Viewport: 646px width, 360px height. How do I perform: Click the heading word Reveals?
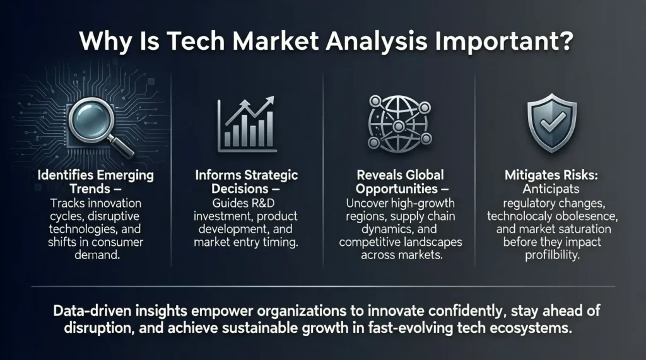(x=378, y=175)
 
